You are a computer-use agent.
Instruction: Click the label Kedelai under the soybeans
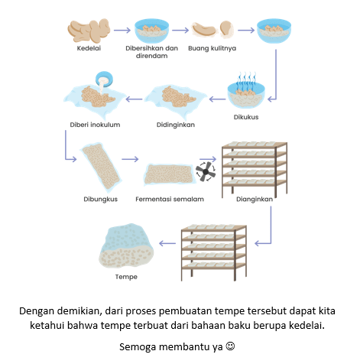coord(89,48)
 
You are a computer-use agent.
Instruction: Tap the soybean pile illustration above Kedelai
coord(89,31)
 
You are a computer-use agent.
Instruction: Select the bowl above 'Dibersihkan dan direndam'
coord(151,31)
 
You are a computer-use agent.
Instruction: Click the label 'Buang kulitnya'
coord(212,48)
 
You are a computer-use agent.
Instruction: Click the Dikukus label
coord(246,117)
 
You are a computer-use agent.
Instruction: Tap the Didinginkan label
coord(176,125)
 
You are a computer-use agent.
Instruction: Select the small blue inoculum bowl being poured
coord(104,79)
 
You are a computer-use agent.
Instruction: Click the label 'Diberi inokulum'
coord(95,125)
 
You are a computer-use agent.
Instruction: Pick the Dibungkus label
coord(101,199)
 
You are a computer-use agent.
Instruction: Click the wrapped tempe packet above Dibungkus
coord(101,167)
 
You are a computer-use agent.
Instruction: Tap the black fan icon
coord(206,171)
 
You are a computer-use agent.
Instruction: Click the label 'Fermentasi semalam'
coord(170,199)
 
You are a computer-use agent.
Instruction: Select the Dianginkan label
coord(255,199)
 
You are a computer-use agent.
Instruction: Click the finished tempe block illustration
coord(126,245)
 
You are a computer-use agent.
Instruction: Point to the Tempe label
coord(126,277)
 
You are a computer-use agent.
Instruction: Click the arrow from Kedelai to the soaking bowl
coord(122,31)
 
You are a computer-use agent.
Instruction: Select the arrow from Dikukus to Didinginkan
coord(217,99)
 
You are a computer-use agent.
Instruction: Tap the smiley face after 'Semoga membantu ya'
coord(230,346)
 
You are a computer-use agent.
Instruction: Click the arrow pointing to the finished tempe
coord(167,243)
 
